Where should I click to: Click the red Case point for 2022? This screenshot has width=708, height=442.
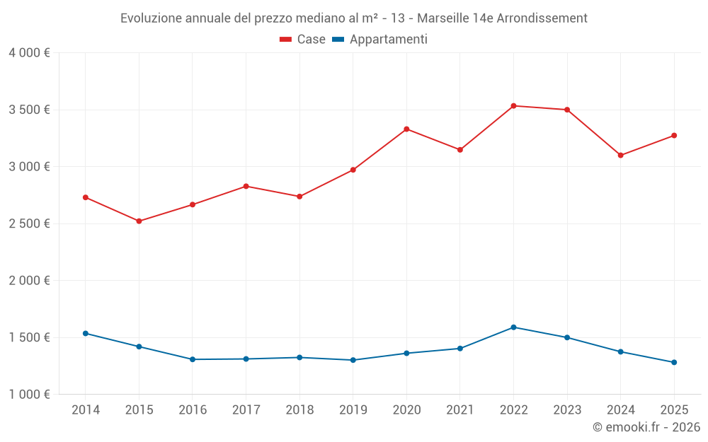tap(513, 106)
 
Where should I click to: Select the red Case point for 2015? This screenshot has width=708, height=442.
tap(139, 221)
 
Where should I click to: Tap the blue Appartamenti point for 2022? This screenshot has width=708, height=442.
tap(513, 327)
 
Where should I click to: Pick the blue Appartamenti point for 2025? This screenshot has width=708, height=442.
tap(674, 362)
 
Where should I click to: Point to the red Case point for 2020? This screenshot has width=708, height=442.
tap(406, 129)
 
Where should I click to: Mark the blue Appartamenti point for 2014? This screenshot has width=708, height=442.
tap(86, 333)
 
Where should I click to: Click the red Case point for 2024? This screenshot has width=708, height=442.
tap(620, 156)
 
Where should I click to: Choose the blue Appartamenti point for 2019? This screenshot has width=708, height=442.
tap(353, 360)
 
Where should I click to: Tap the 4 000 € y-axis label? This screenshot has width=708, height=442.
tap(29, 53)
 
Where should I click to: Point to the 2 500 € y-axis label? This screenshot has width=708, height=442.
tap(29, 223)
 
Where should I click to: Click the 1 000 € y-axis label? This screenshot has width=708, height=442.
tap(29, 395)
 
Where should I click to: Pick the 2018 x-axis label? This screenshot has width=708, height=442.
tap(299, 410)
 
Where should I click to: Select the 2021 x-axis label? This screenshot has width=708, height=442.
tap(459, 410)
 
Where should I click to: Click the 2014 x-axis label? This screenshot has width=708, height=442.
tap(86, 410)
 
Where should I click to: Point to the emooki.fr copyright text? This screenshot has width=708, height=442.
tap(646, 427)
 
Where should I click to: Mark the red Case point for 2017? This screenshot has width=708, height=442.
tap(246, 186)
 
